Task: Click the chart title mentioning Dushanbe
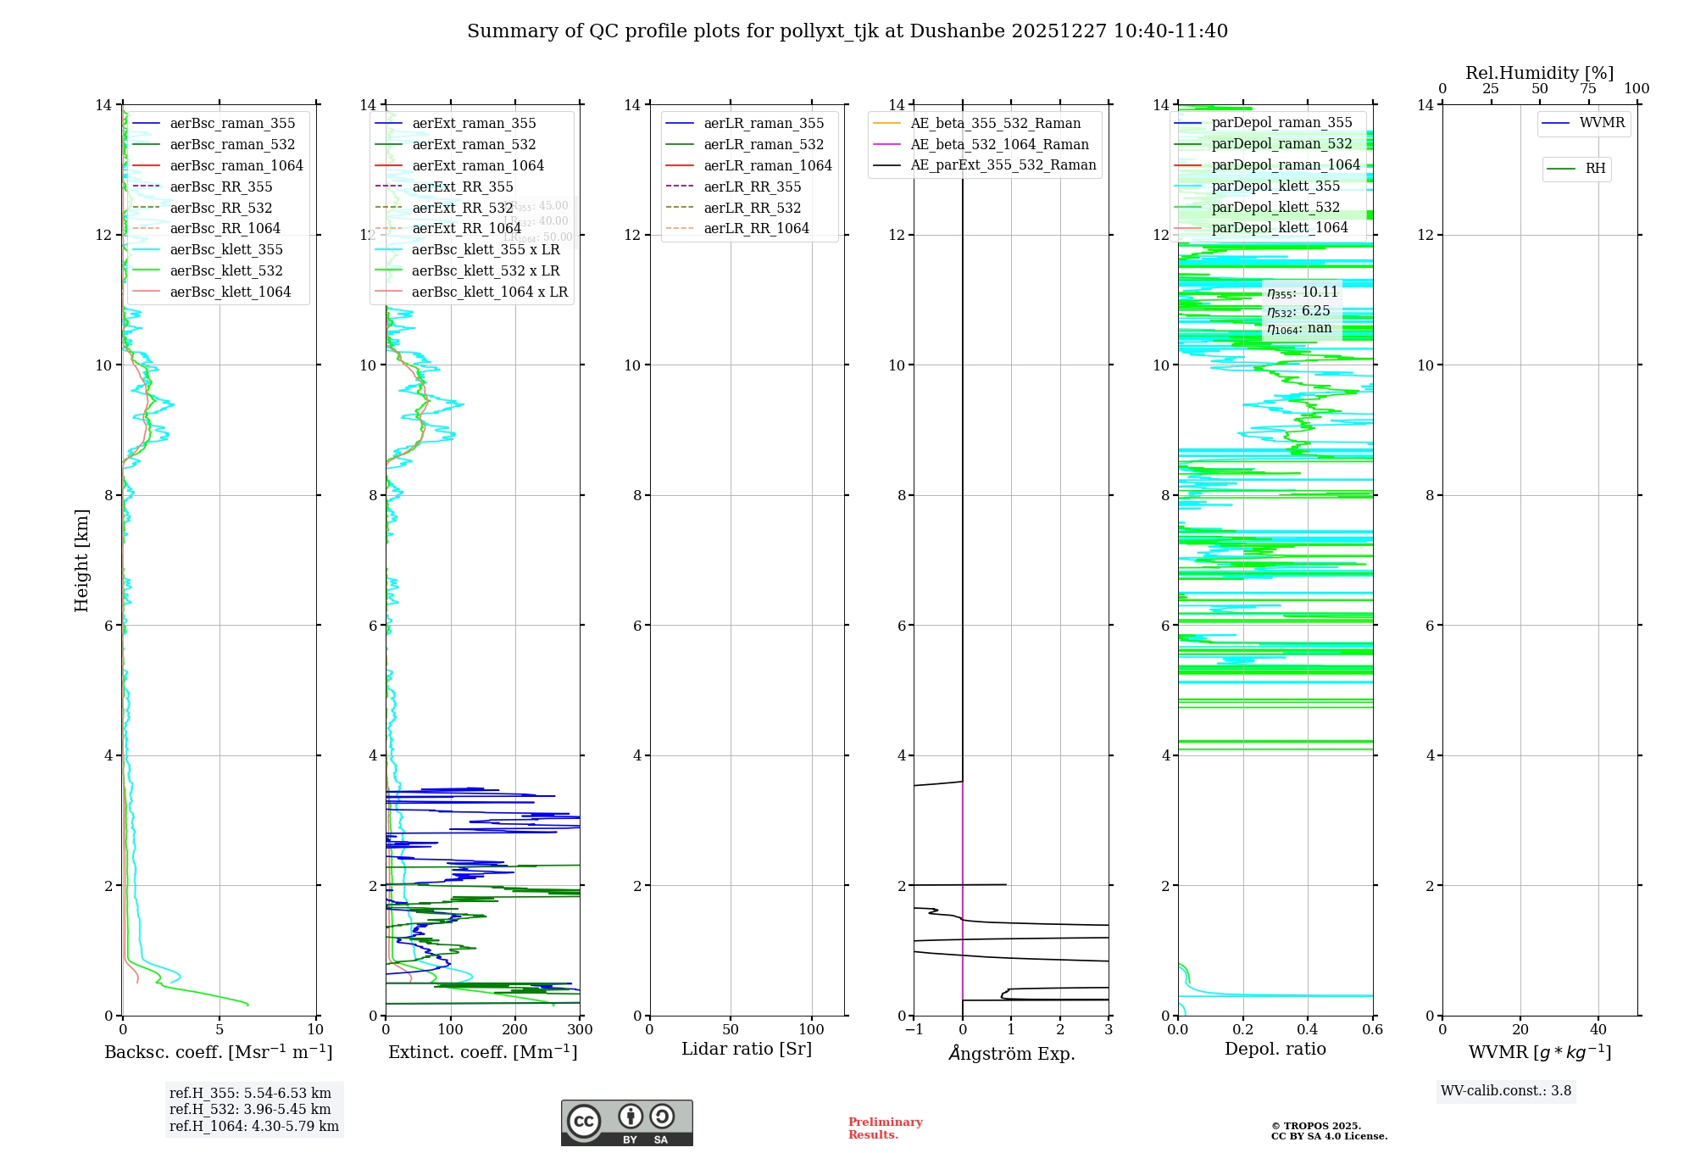pyautogui.click(x=847, y=31)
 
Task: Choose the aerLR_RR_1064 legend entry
pyautogui.click(x=756, y=228)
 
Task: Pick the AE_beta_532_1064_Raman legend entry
pyautogui.click(x=999, y=144)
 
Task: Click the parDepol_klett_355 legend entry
pyautogui.click(x=1275, y=186)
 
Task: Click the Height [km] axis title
pyautogui.click(x=81, y=560)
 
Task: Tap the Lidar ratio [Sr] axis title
pyautogui.click(x=747, y=1049)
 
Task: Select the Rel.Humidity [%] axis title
pyautogui.click(x=1539, y=73)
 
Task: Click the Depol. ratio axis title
pyautogui.click(x=1275, y=1049)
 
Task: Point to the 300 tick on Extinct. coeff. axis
pyautogui.click(x=580, y=1030)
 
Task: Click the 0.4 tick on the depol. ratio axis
pyautogui.click(x=1308, y=1030)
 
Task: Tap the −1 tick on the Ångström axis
pyautogui.click(x=914, y=1030)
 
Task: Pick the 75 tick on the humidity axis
pyautogui.click(x=1588, y=89)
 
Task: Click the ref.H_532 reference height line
pyautogui.click(x=250, y=1109)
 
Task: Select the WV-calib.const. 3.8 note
pyautogui.click(x=1506, y=1091)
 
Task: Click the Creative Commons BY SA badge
pyautogui.click(x=626, y=1122)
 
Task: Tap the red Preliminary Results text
pyautogui.click(x=885, y=1128)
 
